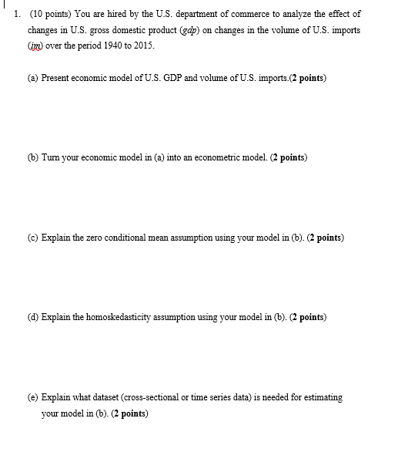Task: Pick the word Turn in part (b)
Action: (x=52, y=157)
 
